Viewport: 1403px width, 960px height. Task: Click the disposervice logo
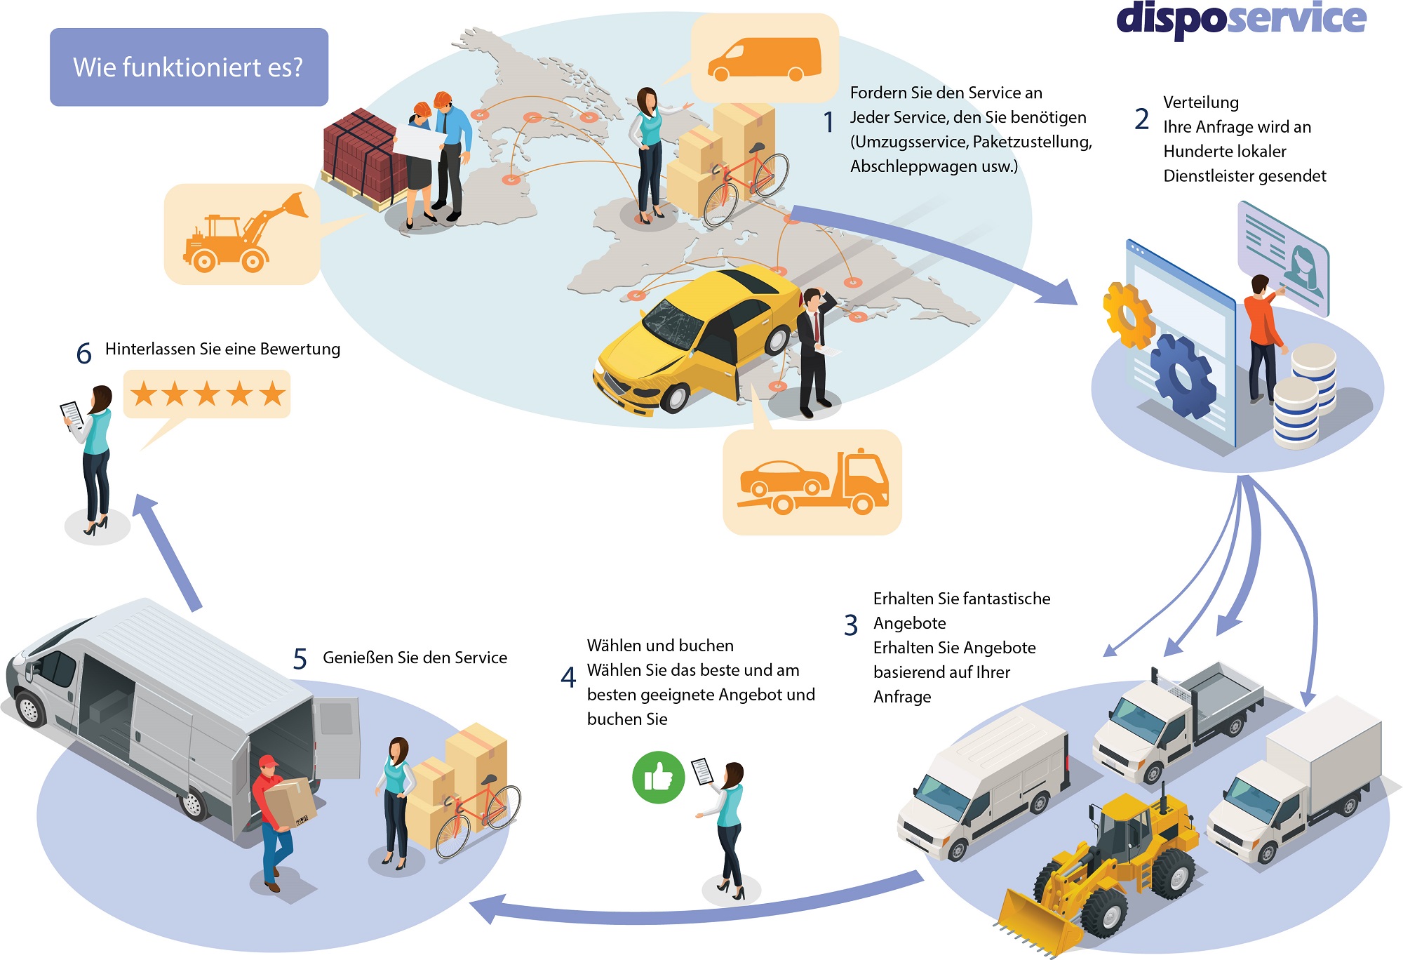click(1240, 19)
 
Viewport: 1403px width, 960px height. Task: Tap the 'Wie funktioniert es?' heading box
click(189, 67)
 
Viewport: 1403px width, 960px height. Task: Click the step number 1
click(828, 122)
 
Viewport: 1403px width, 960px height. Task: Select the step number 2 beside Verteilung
click(1141, 119)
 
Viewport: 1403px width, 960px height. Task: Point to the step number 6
click(83, 353)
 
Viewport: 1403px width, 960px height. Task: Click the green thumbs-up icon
click(658, 777)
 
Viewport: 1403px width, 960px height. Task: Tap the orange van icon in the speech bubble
click(764, 59)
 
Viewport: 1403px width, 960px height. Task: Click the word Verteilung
click(1200, 102)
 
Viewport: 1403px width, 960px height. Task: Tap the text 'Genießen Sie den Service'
click(415, 658)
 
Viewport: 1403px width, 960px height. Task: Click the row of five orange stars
click(208, 394)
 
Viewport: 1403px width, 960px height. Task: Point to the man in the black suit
click(814, 351)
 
